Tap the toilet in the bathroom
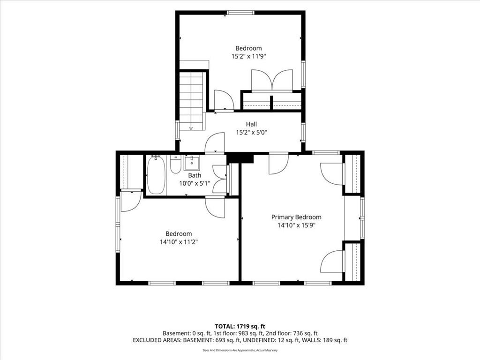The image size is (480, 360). pos(175,165)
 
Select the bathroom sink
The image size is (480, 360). pos(192,163)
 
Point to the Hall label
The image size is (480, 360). pos(251,124)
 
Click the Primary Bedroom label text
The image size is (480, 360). pos(296,217)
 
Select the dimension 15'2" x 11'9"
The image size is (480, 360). pos(248,56)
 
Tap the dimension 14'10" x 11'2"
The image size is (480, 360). pos(179,242)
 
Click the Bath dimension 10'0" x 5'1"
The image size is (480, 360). pos(195,183)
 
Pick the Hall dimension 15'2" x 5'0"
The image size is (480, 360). pos(251,133)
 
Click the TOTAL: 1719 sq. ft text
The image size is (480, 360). pos(240,326)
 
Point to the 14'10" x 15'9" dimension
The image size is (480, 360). pos(296,225)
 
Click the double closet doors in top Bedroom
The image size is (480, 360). pos(272,81)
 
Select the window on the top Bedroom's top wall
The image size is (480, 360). pos(240,13)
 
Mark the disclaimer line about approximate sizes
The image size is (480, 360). pos(240,350)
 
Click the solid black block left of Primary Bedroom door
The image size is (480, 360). pos(240,158)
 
